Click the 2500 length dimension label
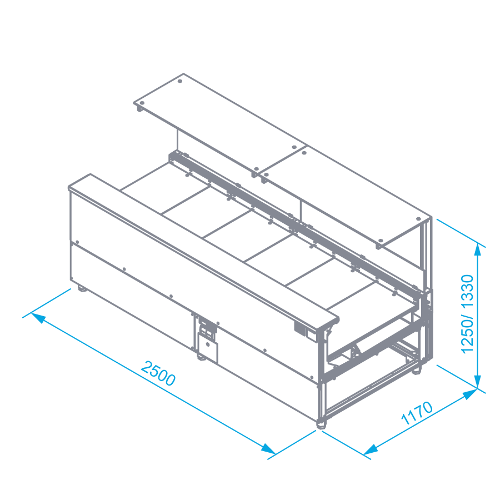[x=158, y=373]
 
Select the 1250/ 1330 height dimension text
[x=467, y=314]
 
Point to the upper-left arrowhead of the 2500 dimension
[x=38, y=318]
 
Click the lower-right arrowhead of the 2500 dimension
[x=268, y=449]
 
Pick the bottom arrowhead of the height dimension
[x=477, y=382]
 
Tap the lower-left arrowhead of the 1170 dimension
[x=370, y=450]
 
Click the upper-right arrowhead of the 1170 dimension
[x=470, y=394]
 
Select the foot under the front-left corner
[x=82, y=289]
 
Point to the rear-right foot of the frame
[x=417, y=371]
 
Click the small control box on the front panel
[x=208, y=347]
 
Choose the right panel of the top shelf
[x=346, y=197]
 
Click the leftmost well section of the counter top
[x=165, y=188]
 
